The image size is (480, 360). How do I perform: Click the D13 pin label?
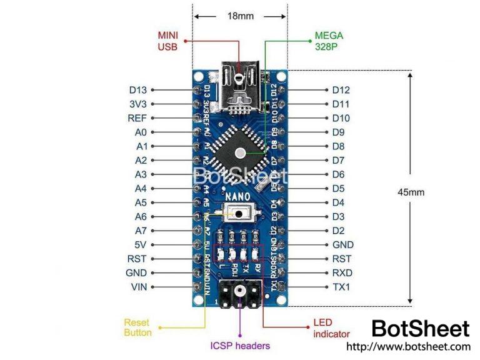[x=137, y=90]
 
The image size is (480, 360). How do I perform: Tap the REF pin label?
[x=137, y=118]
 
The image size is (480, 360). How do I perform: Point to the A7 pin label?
[x=141, y=231]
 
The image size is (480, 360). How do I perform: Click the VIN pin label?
[x=137, y=287]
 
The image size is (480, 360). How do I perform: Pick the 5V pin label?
[x=141, y=245]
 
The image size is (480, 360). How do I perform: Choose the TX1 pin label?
[x=342, y=287]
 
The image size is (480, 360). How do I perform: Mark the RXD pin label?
[x=342, y=273]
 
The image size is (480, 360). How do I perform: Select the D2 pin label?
[x=338, y=231]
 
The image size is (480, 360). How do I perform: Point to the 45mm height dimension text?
[x=411, y=192]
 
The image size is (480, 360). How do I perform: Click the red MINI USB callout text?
[x=167, y=41]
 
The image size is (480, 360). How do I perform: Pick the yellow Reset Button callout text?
[x=137, y=327]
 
